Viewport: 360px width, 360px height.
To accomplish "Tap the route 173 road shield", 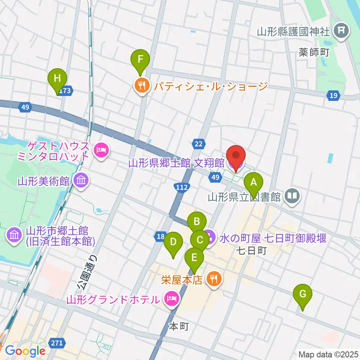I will (66, 90).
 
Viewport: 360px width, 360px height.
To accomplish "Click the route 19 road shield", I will (333, 96).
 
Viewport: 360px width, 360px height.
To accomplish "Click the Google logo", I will (25, 351).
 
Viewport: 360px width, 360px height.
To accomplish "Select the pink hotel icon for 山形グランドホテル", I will (171, 299).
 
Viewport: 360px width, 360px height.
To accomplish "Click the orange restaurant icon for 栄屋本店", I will (214, 278).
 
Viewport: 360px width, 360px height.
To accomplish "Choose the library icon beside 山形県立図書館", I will (292, 195).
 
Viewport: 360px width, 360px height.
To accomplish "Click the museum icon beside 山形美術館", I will (80, 181).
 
